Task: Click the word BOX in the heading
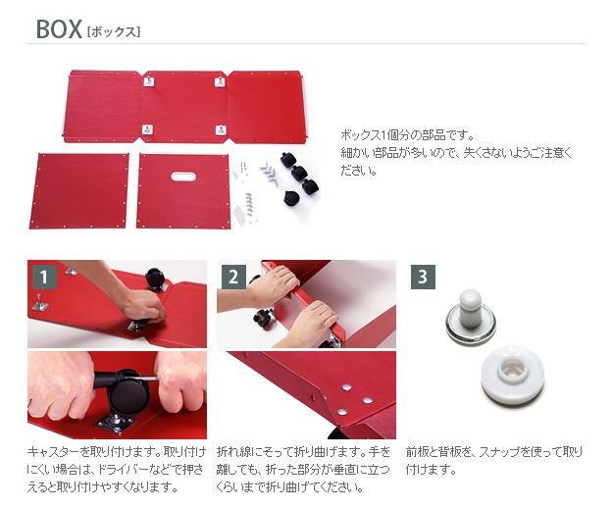point(59,29)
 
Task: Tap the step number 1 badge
point(44,277)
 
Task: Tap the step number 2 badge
point(233,277)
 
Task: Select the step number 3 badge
point(423,277)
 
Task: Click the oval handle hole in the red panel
point(183,177)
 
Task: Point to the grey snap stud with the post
point(471,314)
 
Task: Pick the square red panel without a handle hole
point(79,190)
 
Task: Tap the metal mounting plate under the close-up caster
point(115,424)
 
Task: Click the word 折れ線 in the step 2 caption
point(235,452)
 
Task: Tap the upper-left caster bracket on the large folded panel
point(149,81)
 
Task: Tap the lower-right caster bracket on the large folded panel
point(221,129)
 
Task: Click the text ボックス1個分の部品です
point(407,135)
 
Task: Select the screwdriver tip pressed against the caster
point(156,379)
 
